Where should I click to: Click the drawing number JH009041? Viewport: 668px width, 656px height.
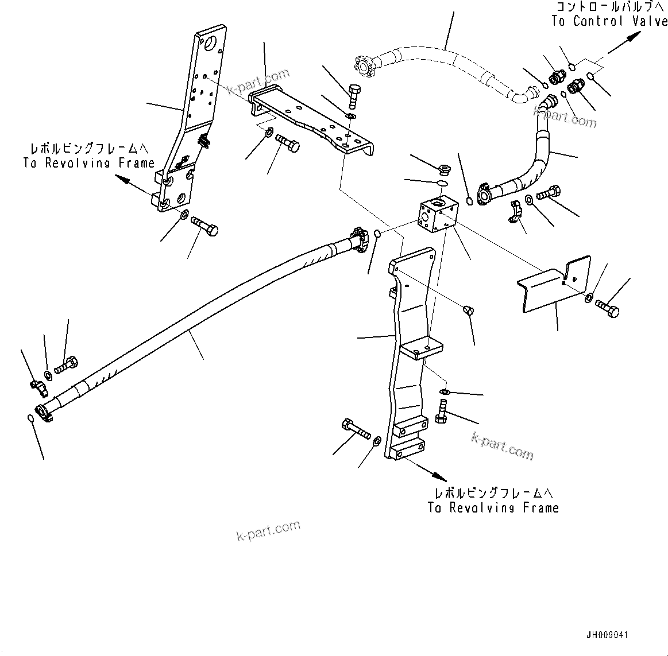[x=607, y=635]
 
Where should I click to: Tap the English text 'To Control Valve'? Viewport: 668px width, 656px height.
[x=609, y=22]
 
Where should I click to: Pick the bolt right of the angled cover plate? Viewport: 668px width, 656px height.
[x=608, y=308]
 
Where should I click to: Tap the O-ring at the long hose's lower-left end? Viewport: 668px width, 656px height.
[x=31, y=418]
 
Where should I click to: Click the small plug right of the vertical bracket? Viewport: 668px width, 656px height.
[x=468, y=310]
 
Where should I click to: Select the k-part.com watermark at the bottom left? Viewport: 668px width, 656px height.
[x=268, y=530]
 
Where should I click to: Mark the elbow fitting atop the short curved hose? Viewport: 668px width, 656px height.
[x=547, y=104]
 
